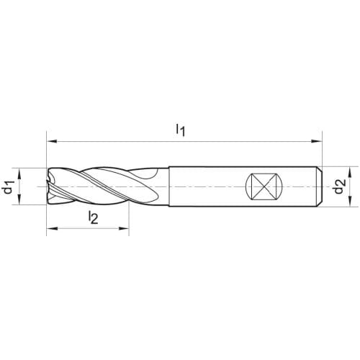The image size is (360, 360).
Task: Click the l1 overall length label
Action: pyautogui.click(x=181, y=130)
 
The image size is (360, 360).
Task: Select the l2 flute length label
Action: pyautogui.click(x=93, y=217)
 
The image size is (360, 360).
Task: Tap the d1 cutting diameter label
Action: pyautogui.click(x=8, y=186)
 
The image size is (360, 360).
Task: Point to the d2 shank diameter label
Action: pyautogui.click(x=340, y=186)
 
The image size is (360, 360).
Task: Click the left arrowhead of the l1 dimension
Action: pyautogui.click(x=51, y=141)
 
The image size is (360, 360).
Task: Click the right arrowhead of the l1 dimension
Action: pyautogui.click(x=316, y=141)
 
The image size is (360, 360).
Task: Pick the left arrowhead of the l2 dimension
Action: pyautogui.click(x=52, y=229)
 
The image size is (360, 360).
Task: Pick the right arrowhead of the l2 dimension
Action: pyautogui.click(x=124, y=229)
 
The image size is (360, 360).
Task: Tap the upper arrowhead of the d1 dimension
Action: pyautogui.click(x=19, y=174)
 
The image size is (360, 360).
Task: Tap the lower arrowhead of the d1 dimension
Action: pyautogui.click(x=19, y=199)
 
